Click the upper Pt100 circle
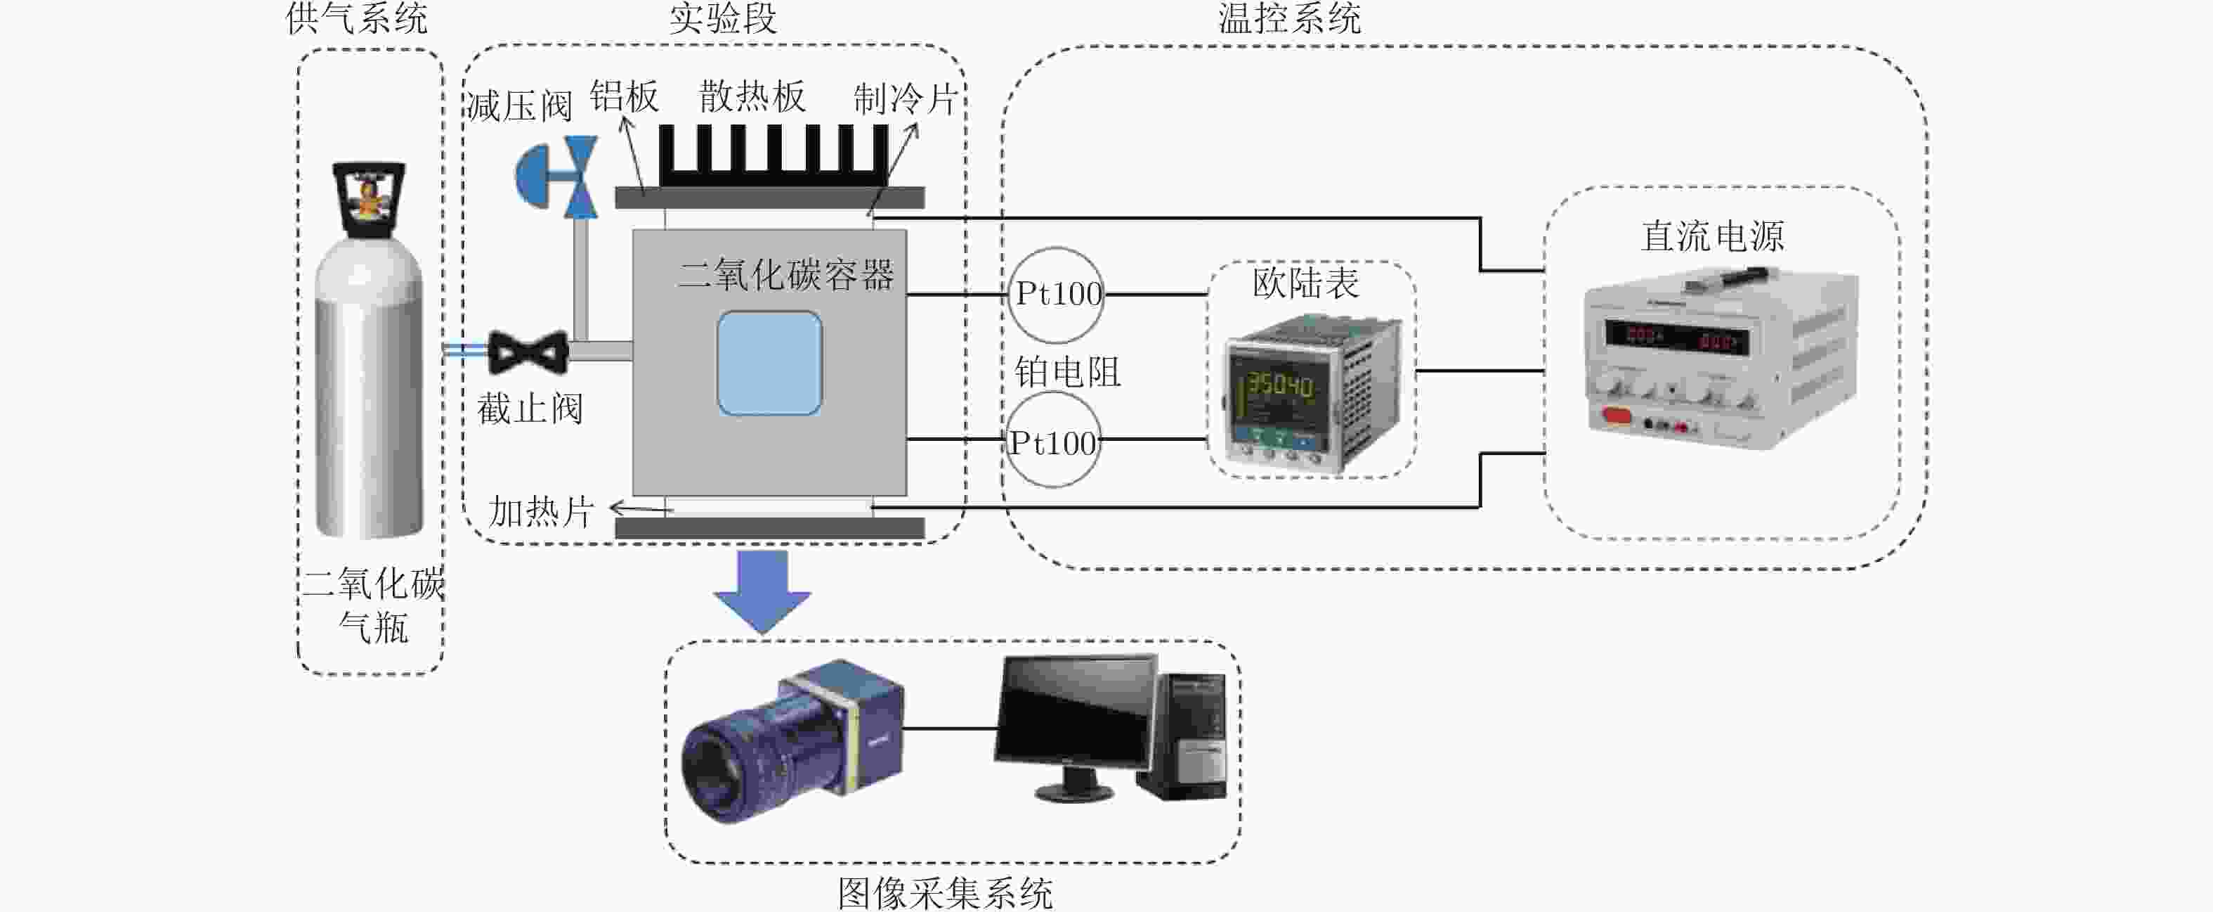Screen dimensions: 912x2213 tap(1056, 295)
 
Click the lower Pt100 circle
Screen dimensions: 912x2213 tap(1052, 440)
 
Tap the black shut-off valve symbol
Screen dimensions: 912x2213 tap(528, 352)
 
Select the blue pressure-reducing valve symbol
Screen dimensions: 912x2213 tap(558, 176)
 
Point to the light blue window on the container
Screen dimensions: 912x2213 tap(769, 363)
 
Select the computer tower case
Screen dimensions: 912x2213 tap(1184, 735)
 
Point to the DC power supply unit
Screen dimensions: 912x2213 tap(1718, 361)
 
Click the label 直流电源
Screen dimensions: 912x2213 tap(1712, 236)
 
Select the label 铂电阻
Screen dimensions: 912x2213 tap(1068, 372)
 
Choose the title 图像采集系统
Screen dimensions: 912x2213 tap(945, 892)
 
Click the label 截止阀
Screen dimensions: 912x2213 tap(530, 409)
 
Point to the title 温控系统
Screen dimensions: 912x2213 tap(1288, 19)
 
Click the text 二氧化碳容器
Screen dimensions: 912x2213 tap(786, 275)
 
